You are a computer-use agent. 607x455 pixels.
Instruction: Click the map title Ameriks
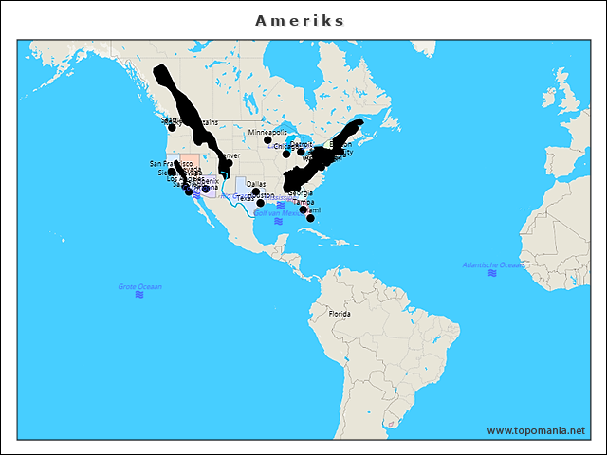tap(301, 20)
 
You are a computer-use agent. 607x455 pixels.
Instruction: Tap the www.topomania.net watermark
tap(535, 430)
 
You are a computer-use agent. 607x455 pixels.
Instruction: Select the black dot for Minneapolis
tap(267, 140)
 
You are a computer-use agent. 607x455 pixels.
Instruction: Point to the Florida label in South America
tap(340, 313)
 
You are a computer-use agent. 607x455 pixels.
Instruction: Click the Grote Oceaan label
tap(139, 286)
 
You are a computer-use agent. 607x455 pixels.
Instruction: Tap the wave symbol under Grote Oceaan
tap(139, 295)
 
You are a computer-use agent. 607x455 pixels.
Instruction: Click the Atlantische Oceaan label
tap(491, 264)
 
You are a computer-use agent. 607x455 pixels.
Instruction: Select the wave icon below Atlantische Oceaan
tap(491, 273)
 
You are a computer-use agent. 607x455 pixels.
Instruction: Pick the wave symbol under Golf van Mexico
tap(278, 221)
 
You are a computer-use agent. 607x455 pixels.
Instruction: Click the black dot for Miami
tap(310, 218)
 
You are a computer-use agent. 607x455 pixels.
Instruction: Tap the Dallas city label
tap(256, 184)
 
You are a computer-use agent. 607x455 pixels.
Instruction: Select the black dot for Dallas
tap(255, 191)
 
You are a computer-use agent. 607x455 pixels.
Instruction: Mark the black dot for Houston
tap(261, 203)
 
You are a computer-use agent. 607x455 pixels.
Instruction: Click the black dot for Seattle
tap(172, 127)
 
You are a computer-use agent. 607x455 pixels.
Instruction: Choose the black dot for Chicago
tap(286, 154)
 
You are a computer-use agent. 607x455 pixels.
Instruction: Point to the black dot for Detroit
tap(301, 152)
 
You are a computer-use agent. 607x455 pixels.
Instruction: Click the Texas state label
tap(245, 198)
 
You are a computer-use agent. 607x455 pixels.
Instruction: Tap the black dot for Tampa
tap(303, 209)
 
